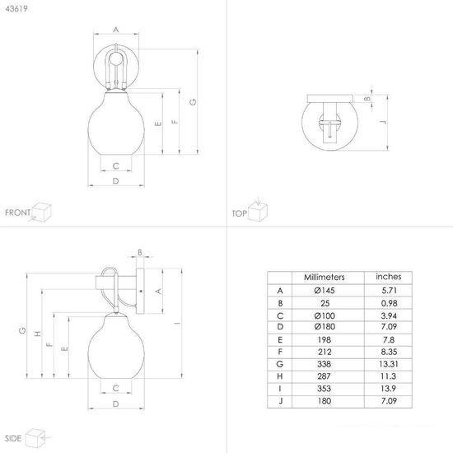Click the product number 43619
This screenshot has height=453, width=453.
click(x=16, y=9)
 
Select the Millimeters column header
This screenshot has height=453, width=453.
click(x=325, y=278)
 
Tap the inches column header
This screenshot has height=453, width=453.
click(x=389, y=277)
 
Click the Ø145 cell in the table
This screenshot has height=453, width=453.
click(x=325, y=291)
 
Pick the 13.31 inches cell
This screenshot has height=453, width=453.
click(x=389, y=364)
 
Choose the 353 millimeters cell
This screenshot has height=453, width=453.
click(x=325, y=389)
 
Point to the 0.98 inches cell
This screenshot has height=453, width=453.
click(x=389, y=303)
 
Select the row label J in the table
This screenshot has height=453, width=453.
click(x=280, y=401)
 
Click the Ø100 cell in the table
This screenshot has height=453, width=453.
click(x=325, y=315)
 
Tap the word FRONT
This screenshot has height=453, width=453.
click(x=17, y=212)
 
